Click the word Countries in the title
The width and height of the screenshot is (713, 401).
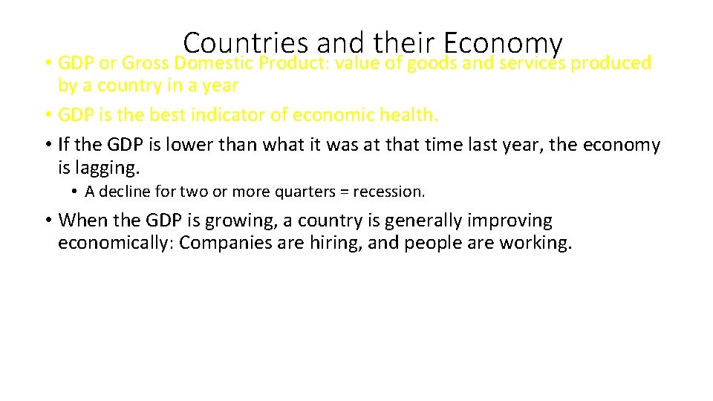pyautogui.click(x=246, y=43)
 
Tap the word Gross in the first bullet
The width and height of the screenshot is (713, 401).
pyautogui.click(x=146, y=64)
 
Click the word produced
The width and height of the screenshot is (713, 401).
pyautogui.click(x=614, y=64)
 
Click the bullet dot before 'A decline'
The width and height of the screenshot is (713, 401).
pyautogui.click(x=75, y=192)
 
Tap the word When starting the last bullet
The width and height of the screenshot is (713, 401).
pyautogui.click(x=81, y=221)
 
